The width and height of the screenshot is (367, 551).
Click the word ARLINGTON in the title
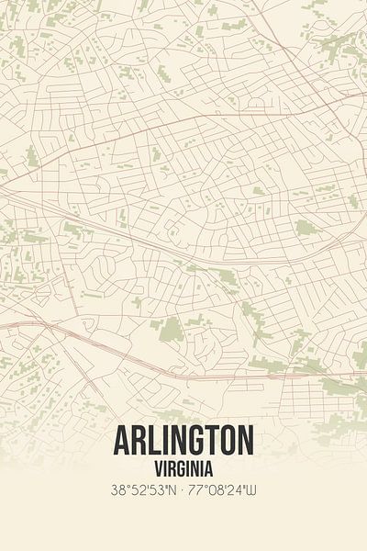point(183,442)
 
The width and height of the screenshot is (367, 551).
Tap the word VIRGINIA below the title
point(183,467)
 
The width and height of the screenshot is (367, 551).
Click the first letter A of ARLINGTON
point(123,442)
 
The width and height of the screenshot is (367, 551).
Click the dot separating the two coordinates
point(183,491)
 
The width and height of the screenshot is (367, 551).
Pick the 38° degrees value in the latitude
point(118,491)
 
